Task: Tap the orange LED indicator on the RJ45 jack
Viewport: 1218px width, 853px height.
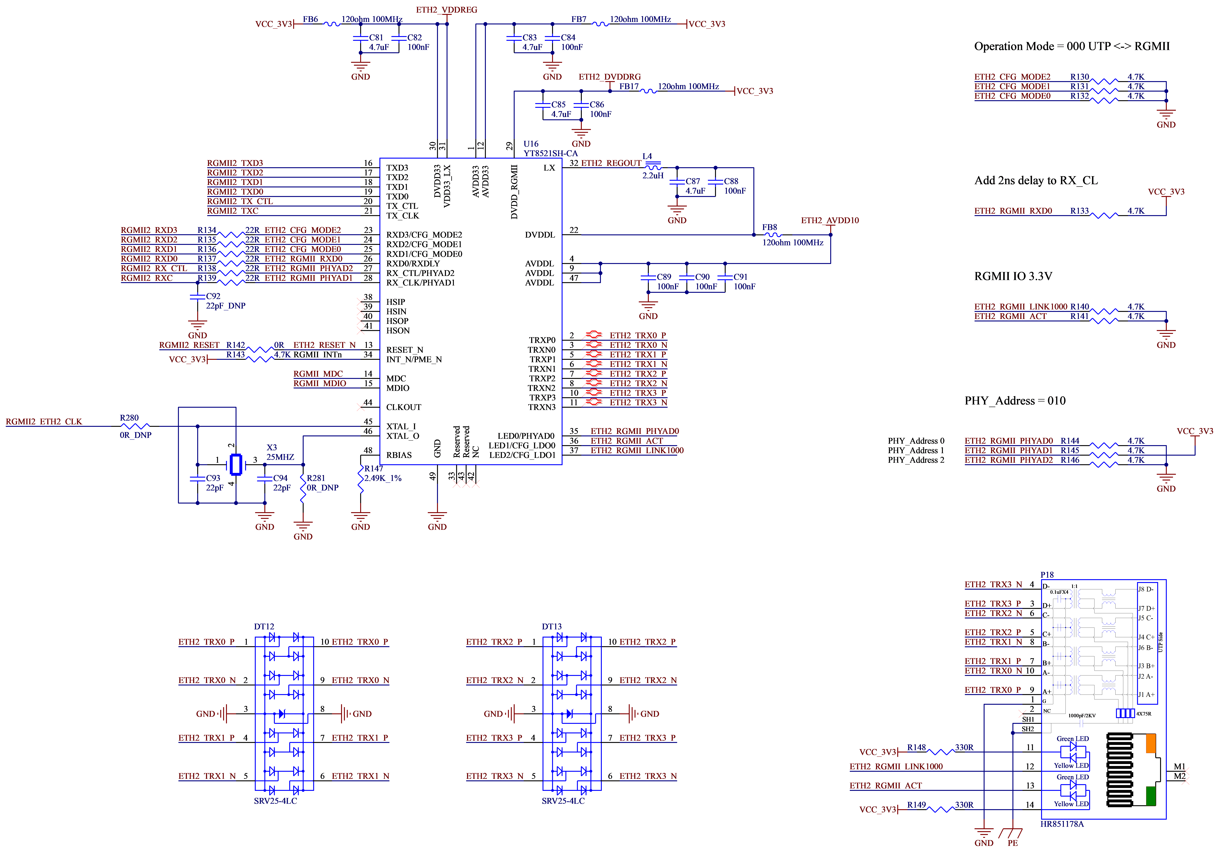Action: tap(1151, 743)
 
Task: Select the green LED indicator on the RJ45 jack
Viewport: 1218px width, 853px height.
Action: tap(1151, 796)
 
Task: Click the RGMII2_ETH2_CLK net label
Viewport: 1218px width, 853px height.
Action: tap(44, 422)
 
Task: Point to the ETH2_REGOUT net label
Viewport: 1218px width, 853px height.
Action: tap(611, 163)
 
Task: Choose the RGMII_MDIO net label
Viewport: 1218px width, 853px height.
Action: tap(320, 384)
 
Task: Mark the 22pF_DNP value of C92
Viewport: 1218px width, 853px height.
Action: tap(225, 306)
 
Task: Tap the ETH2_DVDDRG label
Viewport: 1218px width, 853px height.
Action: tap(610, 77)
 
